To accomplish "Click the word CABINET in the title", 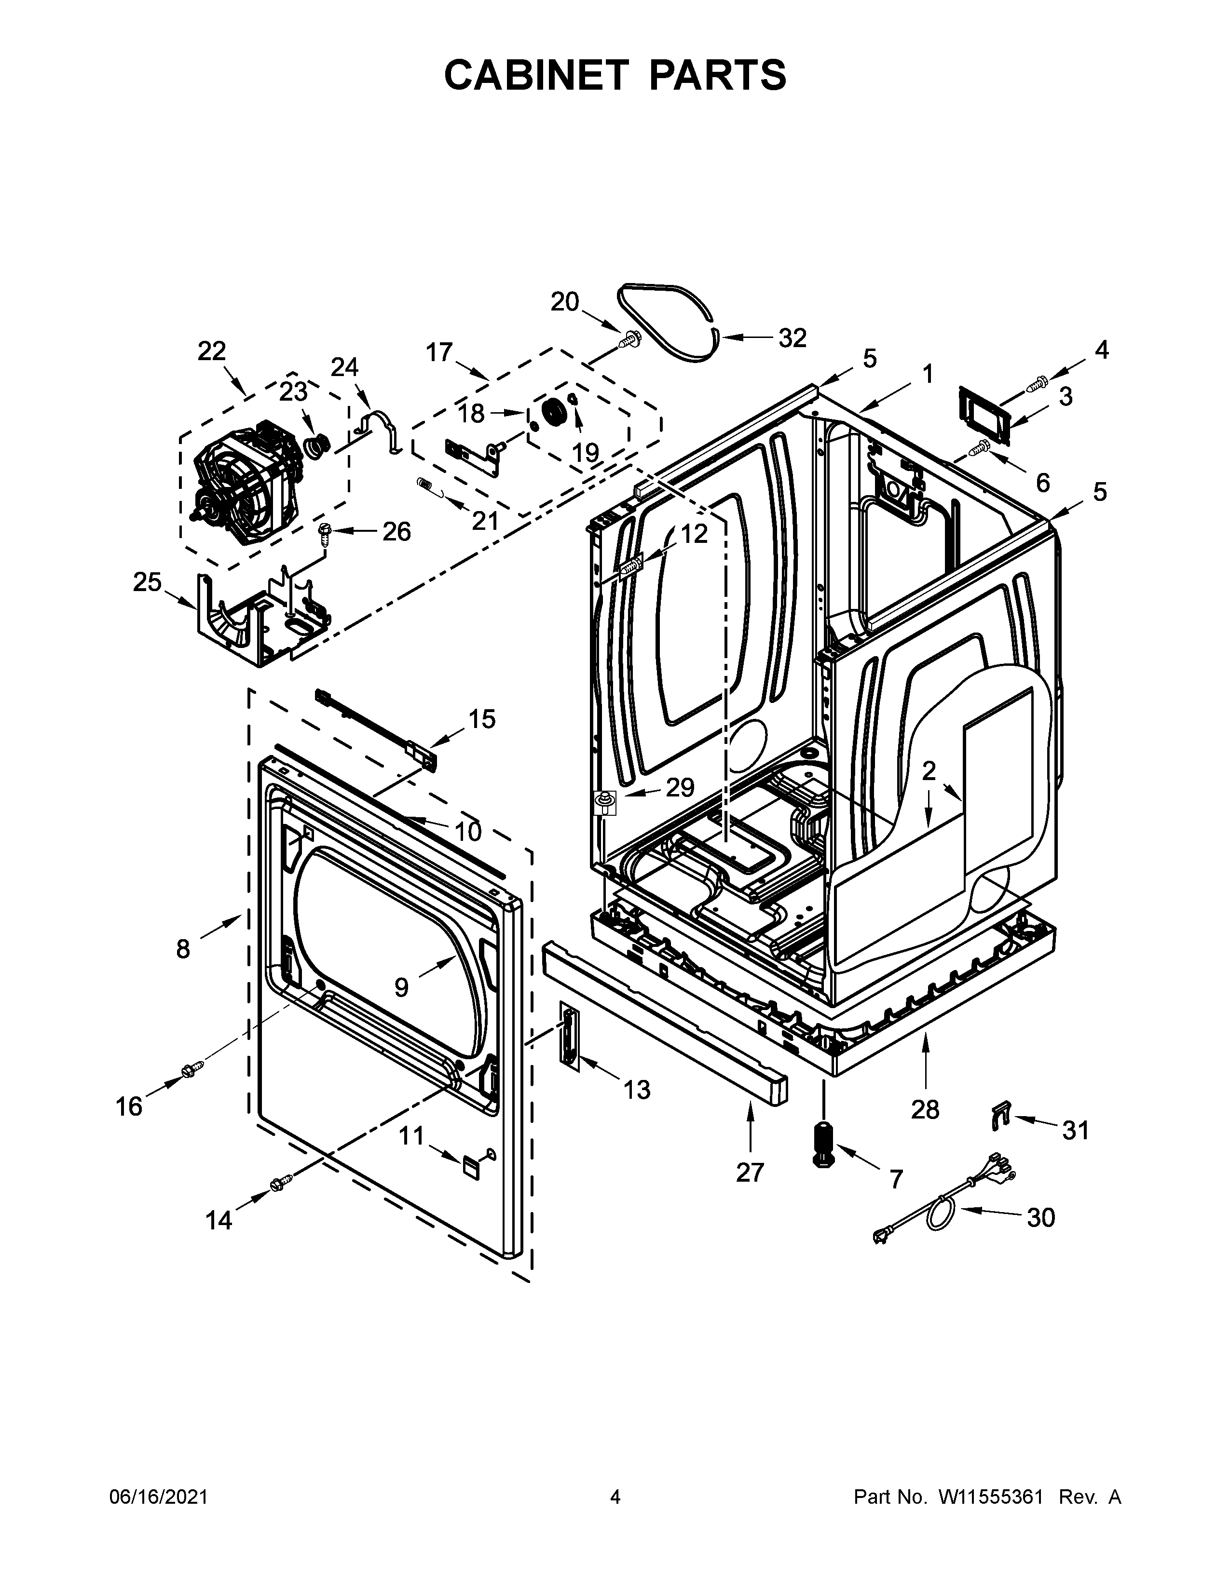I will click(x=535, y=75).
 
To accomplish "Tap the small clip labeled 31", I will click(x=1001, y=1115).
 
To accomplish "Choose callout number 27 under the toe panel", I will click(x=750, y=1172).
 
